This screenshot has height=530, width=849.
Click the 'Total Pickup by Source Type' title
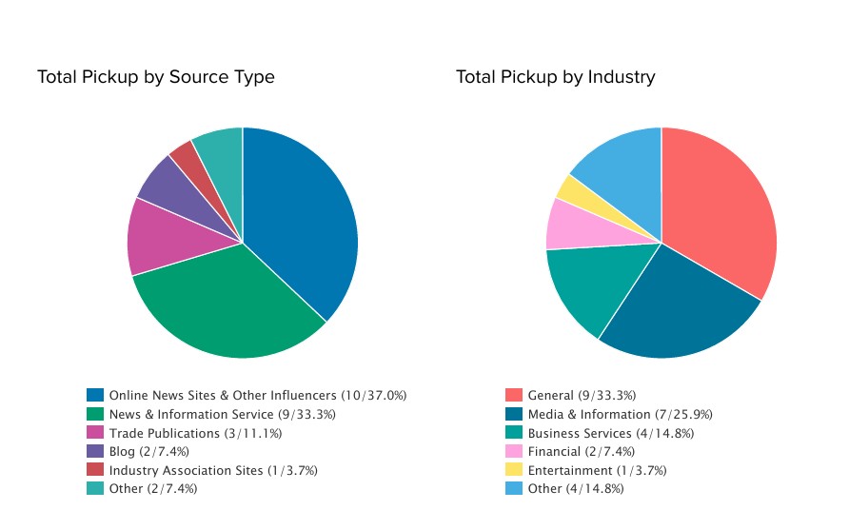[155, 77]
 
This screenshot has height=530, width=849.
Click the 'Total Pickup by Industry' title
[555, 77]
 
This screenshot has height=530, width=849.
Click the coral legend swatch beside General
[514, 395]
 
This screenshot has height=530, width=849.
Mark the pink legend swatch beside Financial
[514, 451]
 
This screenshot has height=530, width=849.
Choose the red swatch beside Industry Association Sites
[95, 470]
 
